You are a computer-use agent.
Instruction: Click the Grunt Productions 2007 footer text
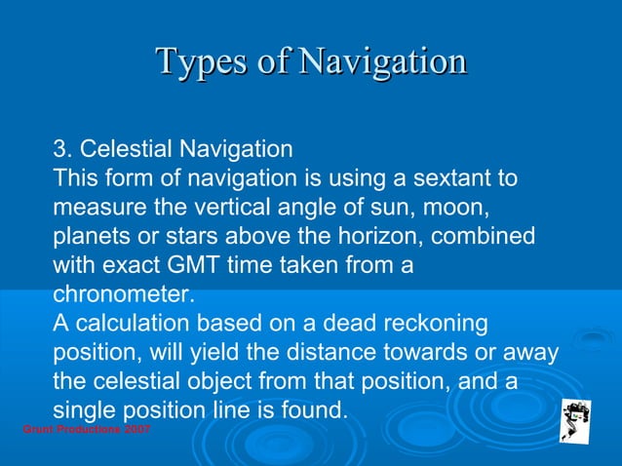(x=86, y=430)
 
